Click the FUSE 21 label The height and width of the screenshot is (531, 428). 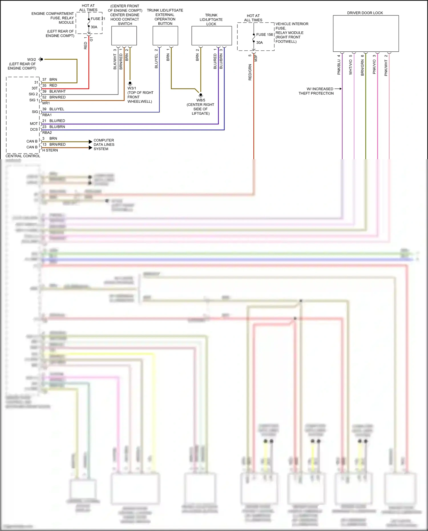point(98,19)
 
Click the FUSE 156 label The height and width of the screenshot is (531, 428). point(264,35)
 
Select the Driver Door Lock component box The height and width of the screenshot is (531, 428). point(366,33)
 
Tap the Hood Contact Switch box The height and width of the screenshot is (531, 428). point(124,36)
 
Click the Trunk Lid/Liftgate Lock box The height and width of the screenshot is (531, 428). point(211,36)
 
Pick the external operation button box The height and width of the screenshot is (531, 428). point(165,36)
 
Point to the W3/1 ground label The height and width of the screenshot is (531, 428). point(132,88)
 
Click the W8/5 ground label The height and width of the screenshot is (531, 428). point(201,100)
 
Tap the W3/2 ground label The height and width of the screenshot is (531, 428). point(31,60)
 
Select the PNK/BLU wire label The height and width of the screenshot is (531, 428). point(339,67)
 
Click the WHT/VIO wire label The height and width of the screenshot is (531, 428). point(351,67)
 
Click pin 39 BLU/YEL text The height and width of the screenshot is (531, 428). point(53,109)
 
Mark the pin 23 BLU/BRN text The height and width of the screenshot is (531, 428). point(54,127)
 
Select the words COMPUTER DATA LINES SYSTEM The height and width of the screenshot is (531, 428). point(104,145)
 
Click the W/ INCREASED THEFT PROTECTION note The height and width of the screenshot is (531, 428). point(316,91)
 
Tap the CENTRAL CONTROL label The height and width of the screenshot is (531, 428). point(23,156)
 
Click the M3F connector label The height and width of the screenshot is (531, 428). point(256,58)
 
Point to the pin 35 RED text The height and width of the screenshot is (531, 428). point(50,85)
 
